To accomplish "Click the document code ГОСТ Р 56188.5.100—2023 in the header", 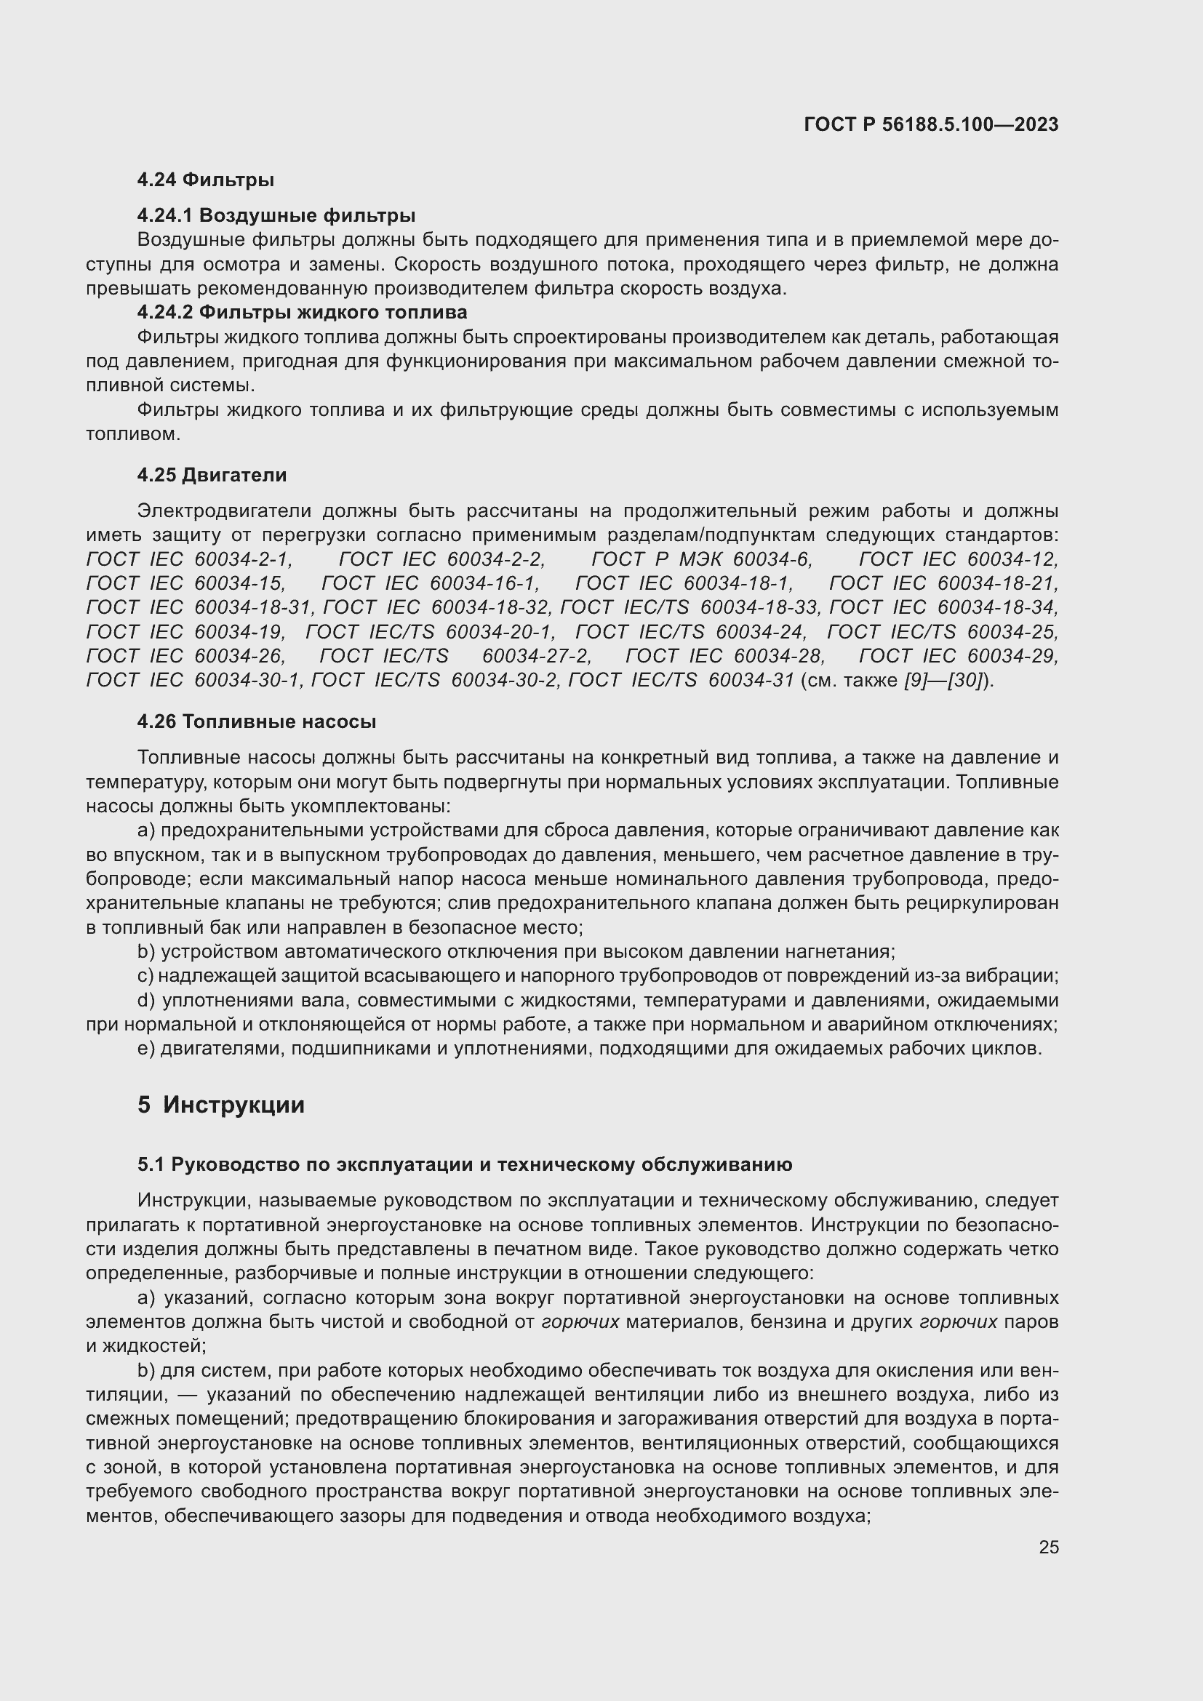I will (x=930, y=125).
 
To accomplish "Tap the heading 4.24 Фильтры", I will (x=205, y=180).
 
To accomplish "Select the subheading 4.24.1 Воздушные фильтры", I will (x=276, y=215).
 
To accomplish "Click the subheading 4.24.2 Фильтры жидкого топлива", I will (x=302, y=312).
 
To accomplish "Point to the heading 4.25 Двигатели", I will (x=212, y=475).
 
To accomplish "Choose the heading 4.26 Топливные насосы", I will (x=256, y=721).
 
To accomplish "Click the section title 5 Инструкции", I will (x=221, y=1105).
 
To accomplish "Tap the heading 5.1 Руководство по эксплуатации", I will (x=464, y=1164).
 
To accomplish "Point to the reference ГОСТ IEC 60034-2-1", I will (x=190, y=559).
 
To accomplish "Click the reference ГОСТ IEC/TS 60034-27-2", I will (x=455, y=657).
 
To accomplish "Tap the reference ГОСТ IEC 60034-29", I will (x=958, y=657).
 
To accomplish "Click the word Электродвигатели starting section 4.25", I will (x=225, y=511).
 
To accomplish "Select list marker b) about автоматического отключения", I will (x=146, y=952).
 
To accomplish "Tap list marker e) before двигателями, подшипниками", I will (x=146, y=1049).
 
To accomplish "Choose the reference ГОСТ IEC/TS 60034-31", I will (x=681, y=681).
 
